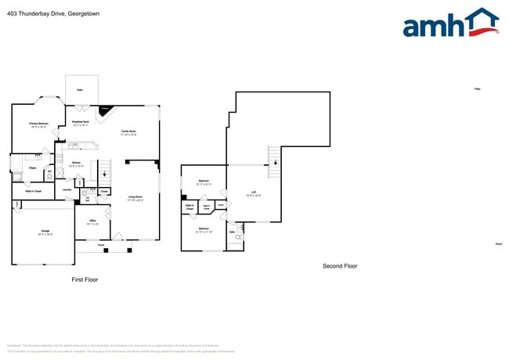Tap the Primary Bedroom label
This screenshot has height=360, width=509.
coord(39,125)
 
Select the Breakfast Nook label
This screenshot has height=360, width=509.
coord(81,123)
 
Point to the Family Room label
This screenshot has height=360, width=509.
coord(128,132)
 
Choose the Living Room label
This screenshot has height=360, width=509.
coord(135,198)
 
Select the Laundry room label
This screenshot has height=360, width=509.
coord(67,189)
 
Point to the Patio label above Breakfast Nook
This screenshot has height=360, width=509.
coord(80,91)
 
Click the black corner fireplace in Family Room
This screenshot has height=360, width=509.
coord(106,110)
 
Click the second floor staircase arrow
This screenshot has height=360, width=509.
coord(274,162)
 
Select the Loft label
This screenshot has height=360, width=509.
coord(254,193)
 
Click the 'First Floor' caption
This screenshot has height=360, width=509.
coord(85,279)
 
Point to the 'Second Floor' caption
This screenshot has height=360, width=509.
coord(340,266)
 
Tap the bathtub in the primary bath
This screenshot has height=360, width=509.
coord(16,164)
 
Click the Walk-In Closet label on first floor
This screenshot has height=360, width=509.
coord(33,191)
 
